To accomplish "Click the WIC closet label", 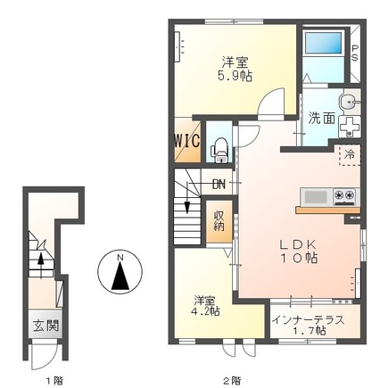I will tap(186, 141).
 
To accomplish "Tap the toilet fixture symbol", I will tap(218, 148).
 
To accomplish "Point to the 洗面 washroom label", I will tap(322, 117).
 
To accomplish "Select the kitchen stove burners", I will tap(343, 195).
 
